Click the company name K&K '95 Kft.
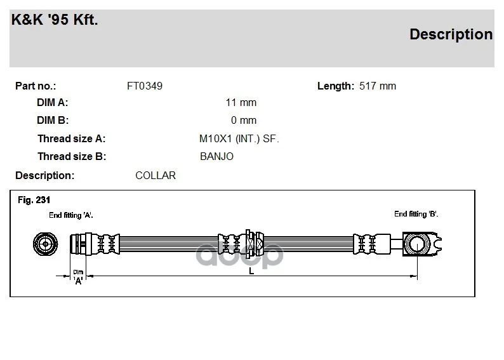click(x=55, y=20)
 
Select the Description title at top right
click(x=451, y=34)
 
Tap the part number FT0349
click(x=145, y=86)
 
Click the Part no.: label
click(x=36, y=86)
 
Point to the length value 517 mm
click(x=378, y=86)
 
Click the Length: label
click(x=335, y=86)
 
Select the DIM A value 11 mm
click(x=241, y=102)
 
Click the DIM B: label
click(x=53, y=120)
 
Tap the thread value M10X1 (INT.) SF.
click(x=239, y=138)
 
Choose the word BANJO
click(x=216, y=156)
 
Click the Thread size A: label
click(x=71, y=138)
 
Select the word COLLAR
click(x=156, y=175)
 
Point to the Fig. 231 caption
click(x=34, y=200)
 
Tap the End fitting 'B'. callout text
click(x=416, y=214)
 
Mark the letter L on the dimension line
click(x=251, y=271)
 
